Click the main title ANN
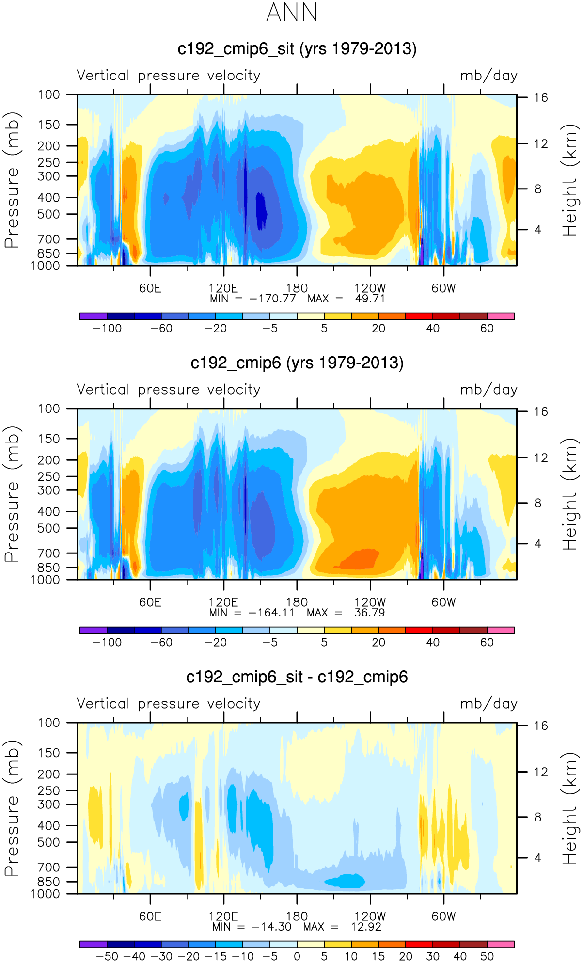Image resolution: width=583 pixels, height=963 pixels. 292,13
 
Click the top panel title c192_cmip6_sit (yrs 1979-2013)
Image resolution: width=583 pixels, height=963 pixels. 297,49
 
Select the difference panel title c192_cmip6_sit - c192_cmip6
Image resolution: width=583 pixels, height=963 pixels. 297,677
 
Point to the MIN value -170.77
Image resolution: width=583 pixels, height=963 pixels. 272,299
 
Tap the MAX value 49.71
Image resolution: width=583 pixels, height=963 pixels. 370,299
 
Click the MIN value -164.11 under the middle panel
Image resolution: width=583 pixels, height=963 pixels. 271,613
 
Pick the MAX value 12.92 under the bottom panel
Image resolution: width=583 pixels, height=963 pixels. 366,927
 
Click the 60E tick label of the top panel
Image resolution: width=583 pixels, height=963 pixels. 150,288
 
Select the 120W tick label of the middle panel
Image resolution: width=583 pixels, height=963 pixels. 370,602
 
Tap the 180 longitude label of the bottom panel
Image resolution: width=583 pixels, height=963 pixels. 297,916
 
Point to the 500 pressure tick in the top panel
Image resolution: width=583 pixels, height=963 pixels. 49,214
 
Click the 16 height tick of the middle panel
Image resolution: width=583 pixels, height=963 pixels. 541,412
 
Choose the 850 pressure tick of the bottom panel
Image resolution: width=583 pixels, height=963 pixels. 48,882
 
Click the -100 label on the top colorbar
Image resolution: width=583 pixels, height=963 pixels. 107,329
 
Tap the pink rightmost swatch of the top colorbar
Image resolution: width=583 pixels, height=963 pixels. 500,316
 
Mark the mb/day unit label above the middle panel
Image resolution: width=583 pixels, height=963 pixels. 488,390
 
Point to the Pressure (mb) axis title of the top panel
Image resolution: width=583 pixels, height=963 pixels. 12,180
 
